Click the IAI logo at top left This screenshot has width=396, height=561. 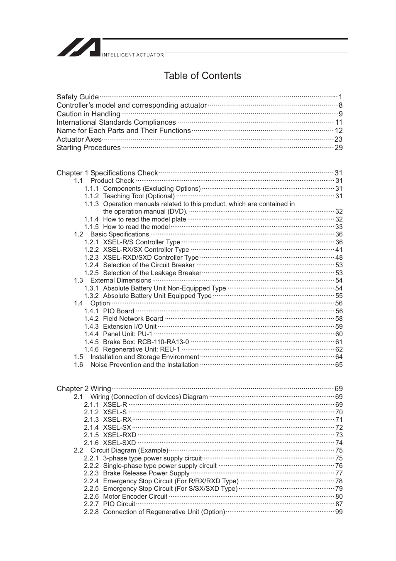pos(78,47)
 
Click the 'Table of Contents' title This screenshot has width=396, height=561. pos(202,76)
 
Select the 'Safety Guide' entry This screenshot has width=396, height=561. pos(78,97)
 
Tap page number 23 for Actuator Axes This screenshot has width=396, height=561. pos(338,139)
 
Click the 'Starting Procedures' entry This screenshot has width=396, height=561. pos(88,148)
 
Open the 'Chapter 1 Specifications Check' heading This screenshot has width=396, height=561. pos(107,173)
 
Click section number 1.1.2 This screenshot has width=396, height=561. pos(91,196)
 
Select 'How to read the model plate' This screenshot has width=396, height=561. pos(144,219)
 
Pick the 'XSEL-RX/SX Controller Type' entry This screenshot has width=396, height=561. pos(146,250)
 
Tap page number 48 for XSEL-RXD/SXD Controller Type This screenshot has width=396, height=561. pos(339,258)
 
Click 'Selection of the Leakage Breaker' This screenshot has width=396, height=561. pos(152,273)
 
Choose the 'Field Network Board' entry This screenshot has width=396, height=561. pos(133,319)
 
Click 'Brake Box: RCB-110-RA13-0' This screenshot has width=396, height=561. pos(146,342)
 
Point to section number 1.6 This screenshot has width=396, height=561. pos(78,365)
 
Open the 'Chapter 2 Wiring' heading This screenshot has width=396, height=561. pos(84,389)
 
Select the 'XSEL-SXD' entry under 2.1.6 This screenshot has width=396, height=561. pos(119,443)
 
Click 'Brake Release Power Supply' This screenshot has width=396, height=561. pos(146,473)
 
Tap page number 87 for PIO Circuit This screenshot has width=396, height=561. pos(339,504)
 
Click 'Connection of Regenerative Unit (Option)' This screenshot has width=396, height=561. pos(164,512)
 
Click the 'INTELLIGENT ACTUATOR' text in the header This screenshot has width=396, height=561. pos(133,55)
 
